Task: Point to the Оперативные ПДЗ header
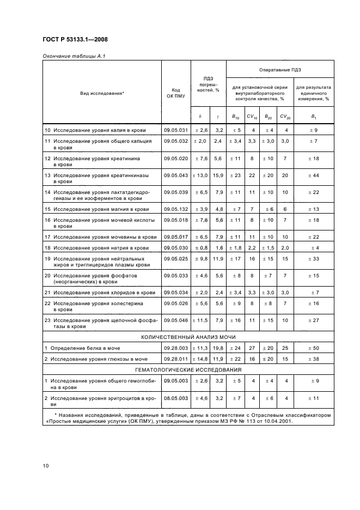coord(280,70)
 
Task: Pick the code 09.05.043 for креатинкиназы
coord(175,175)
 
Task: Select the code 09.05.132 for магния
coord(175,209)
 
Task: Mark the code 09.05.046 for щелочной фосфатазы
coord(175,320)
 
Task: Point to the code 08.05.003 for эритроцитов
coord(175,398)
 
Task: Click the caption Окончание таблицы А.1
coord(70,56)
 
